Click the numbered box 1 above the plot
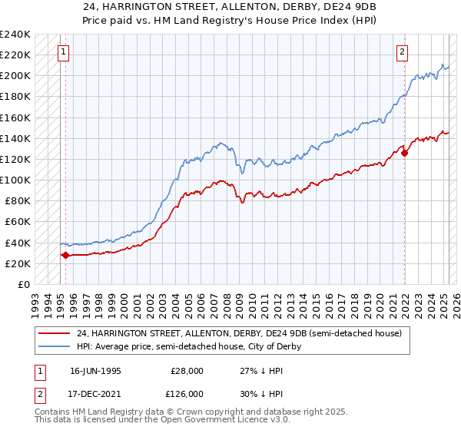coord(63,52)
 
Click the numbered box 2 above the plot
coord(402,52)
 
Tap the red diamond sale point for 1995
coord(65,255)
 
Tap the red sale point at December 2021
coord(405,153)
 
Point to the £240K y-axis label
coord(15,35)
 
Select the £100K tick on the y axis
coord(15,180)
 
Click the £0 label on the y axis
coord(23,284)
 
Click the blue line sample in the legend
coord(55,346)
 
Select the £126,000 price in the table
coord(187,394)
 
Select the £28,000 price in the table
coord(187,369)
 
